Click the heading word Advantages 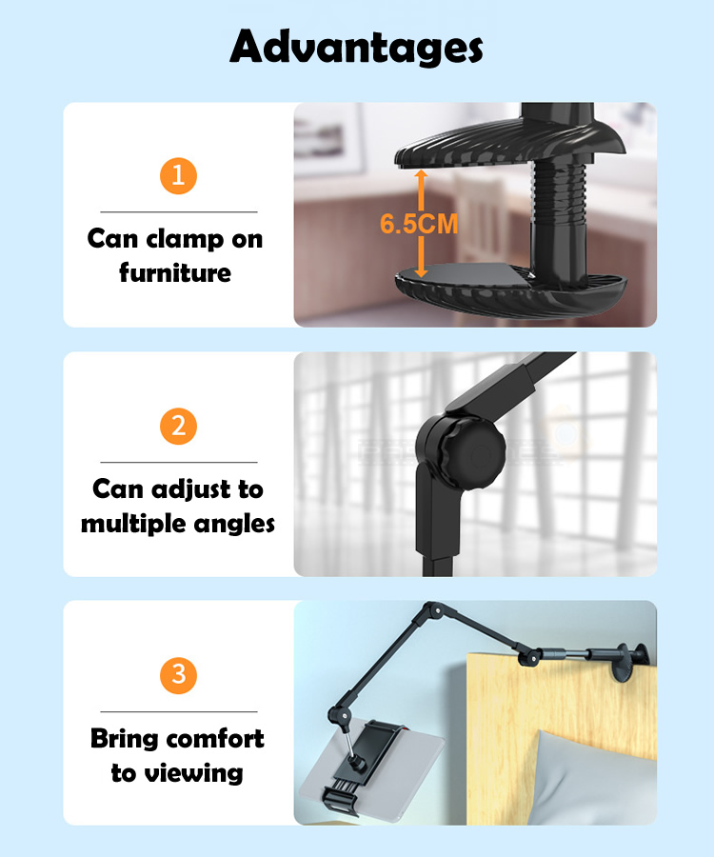click(x=356, y=48)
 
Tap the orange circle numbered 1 click(x=178, y=176)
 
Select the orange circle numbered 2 click(x=178, y=427)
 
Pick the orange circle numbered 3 click(x=178, y=675)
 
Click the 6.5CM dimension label click(x=419, y=224)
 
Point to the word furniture click(x=175, y=272)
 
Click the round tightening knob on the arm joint click(x=467, y=450)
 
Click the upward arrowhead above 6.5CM click(x=421, y=175)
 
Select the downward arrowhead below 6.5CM click(x=421, y=271)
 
